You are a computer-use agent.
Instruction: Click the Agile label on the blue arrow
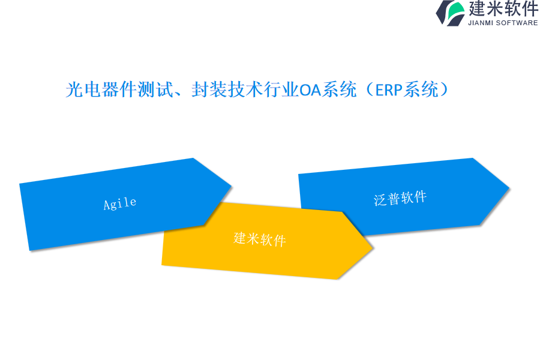(120, 203)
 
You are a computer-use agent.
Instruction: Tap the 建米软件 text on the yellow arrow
(260, 239)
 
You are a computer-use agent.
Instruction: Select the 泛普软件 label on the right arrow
(400, 199)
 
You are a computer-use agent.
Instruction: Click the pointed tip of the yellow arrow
(373, 247)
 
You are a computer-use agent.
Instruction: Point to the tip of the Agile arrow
(231, 187)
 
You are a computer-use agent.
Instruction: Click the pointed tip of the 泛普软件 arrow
(509, 188)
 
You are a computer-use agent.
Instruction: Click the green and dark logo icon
(451, 13)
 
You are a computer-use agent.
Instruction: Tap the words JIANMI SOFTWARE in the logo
(503, 23)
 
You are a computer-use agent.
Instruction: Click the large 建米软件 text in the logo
(503, 8)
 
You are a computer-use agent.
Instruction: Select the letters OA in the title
(310, 90)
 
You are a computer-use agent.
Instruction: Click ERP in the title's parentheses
(389, 90)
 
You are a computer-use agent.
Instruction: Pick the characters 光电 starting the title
(83, 89)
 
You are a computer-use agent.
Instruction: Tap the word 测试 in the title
(155, 89)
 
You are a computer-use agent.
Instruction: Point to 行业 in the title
(281, 89)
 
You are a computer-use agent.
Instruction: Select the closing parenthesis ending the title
(443, 89)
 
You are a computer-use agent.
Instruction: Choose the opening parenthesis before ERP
(370, 89)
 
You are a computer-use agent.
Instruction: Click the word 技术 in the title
(245, 89)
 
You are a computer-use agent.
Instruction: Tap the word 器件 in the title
(119, 89)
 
